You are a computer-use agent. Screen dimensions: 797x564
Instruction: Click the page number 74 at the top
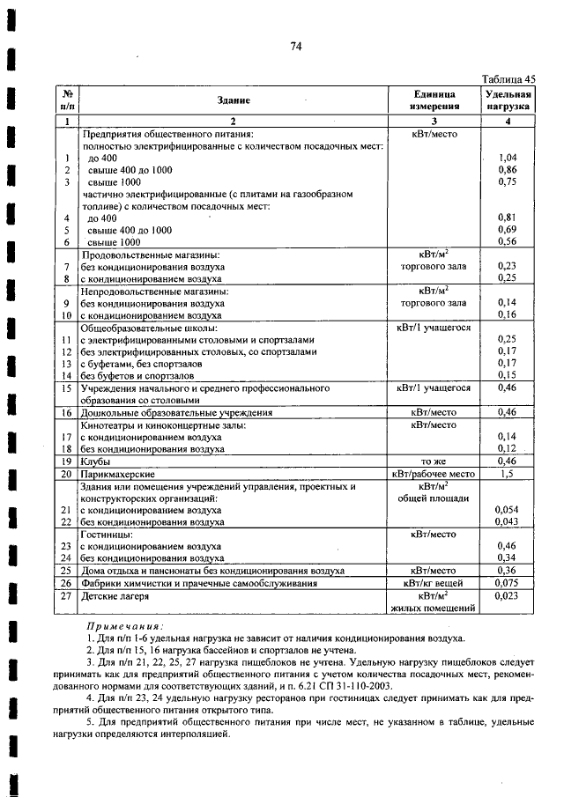click(x=296, y=48)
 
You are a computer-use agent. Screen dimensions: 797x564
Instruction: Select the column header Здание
click(x=234, y=100)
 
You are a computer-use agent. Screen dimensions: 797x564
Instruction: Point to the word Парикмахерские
click(x=113, y=473)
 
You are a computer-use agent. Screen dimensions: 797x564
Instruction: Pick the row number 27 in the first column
click(x=65, y=595)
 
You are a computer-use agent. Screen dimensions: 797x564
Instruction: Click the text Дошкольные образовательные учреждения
click(x=177, y=412)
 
